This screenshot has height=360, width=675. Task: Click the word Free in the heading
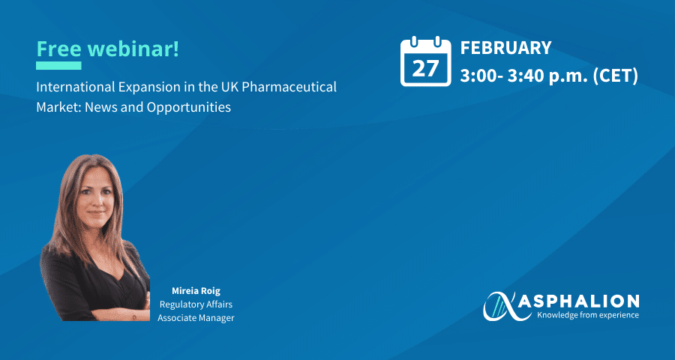tap(58, 49)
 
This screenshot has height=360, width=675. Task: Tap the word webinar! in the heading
tap(133, 49)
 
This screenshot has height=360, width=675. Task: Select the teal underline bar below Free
tap(58, 65)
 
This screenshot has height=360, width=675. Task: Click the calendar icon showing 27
tap(426, 61)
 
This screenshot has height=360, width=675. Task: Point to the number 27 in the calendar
tap(425, 68)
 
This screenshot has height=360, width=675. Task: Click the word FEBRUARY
tap(505, 48)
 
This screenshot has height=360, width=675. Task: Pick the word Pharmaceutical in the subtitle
tap(289, 88)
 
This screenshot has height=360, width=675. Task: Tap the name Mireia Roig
tap(196, 291)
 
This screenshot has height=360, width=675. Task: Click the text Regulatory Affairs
tap(196, 304)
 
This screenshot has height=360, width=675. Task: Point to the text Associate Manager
tap(196, 318)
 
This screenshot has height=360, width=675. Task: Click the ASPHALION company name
tap(578, 301)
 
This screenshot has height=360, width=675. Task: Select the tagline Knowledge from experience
tap(587, 315)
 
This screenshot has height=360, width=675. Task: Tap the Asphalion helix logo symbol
tap(501, 306)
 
